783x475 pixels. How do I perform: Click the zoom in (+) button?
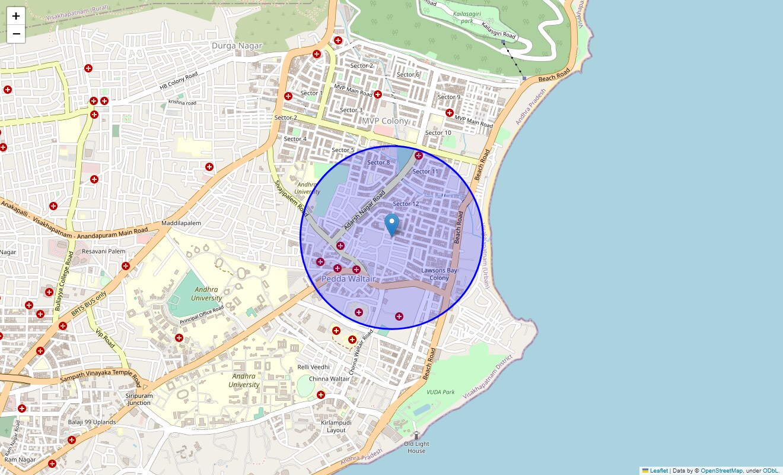coord(16,17)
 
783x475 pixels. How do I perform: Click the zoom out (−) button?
coord(16,34)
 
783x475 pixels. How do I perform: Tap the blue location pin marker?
coord(391,225)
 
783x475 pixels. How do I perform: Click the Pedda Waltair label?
coord(349,279)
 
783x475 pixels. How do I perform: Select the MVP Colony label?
coord(386,121)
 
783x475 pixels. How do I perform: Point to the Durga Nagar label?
coord(237,46)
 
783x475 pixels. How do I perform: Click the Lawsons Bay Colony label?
coord(439,274)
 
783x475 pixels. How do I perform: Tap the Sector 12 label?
coord(406,204)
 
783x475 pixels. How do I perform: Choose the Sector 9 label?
coord(448,97)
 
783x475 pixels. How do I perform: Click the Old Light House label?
coord(416,447)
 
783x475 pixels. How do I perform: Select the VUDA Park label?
coord(440,392)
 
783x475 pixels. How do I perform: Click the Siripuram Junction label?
coord(139,399)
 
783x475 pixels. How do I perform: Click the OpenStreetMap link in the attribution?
coord(721,470)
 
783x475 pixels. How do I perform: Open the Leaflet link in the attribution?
coord(658,470)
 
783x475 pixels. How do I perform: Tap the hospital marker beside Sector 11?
coord(418,156)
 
